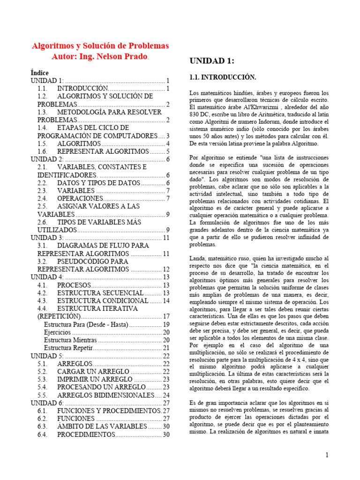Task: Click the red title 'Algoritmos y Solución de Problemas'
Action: click(100, 46)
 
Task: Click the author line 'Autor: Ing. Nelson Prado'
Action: click(100, 57)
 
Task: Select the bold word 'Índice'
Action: click(39, 73)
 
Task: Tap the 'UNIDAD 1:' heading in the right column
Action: click(211, 61)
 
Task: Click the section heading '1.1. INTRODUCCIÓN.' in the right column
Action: click(222, 77)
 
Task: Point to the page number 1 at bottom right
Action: click(327, 455)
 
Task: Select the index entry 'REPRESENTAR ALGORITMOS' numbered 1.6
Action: click(103, 151)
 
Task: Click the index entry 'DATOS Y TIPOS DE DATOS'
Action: click(98, 183)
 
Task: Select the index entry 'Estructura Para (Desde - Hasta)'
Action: click(86, 324)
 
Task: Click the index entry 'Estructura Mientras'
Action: click(70, 340)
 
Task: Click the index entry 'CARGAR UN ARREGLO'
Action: click(93, 371)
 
